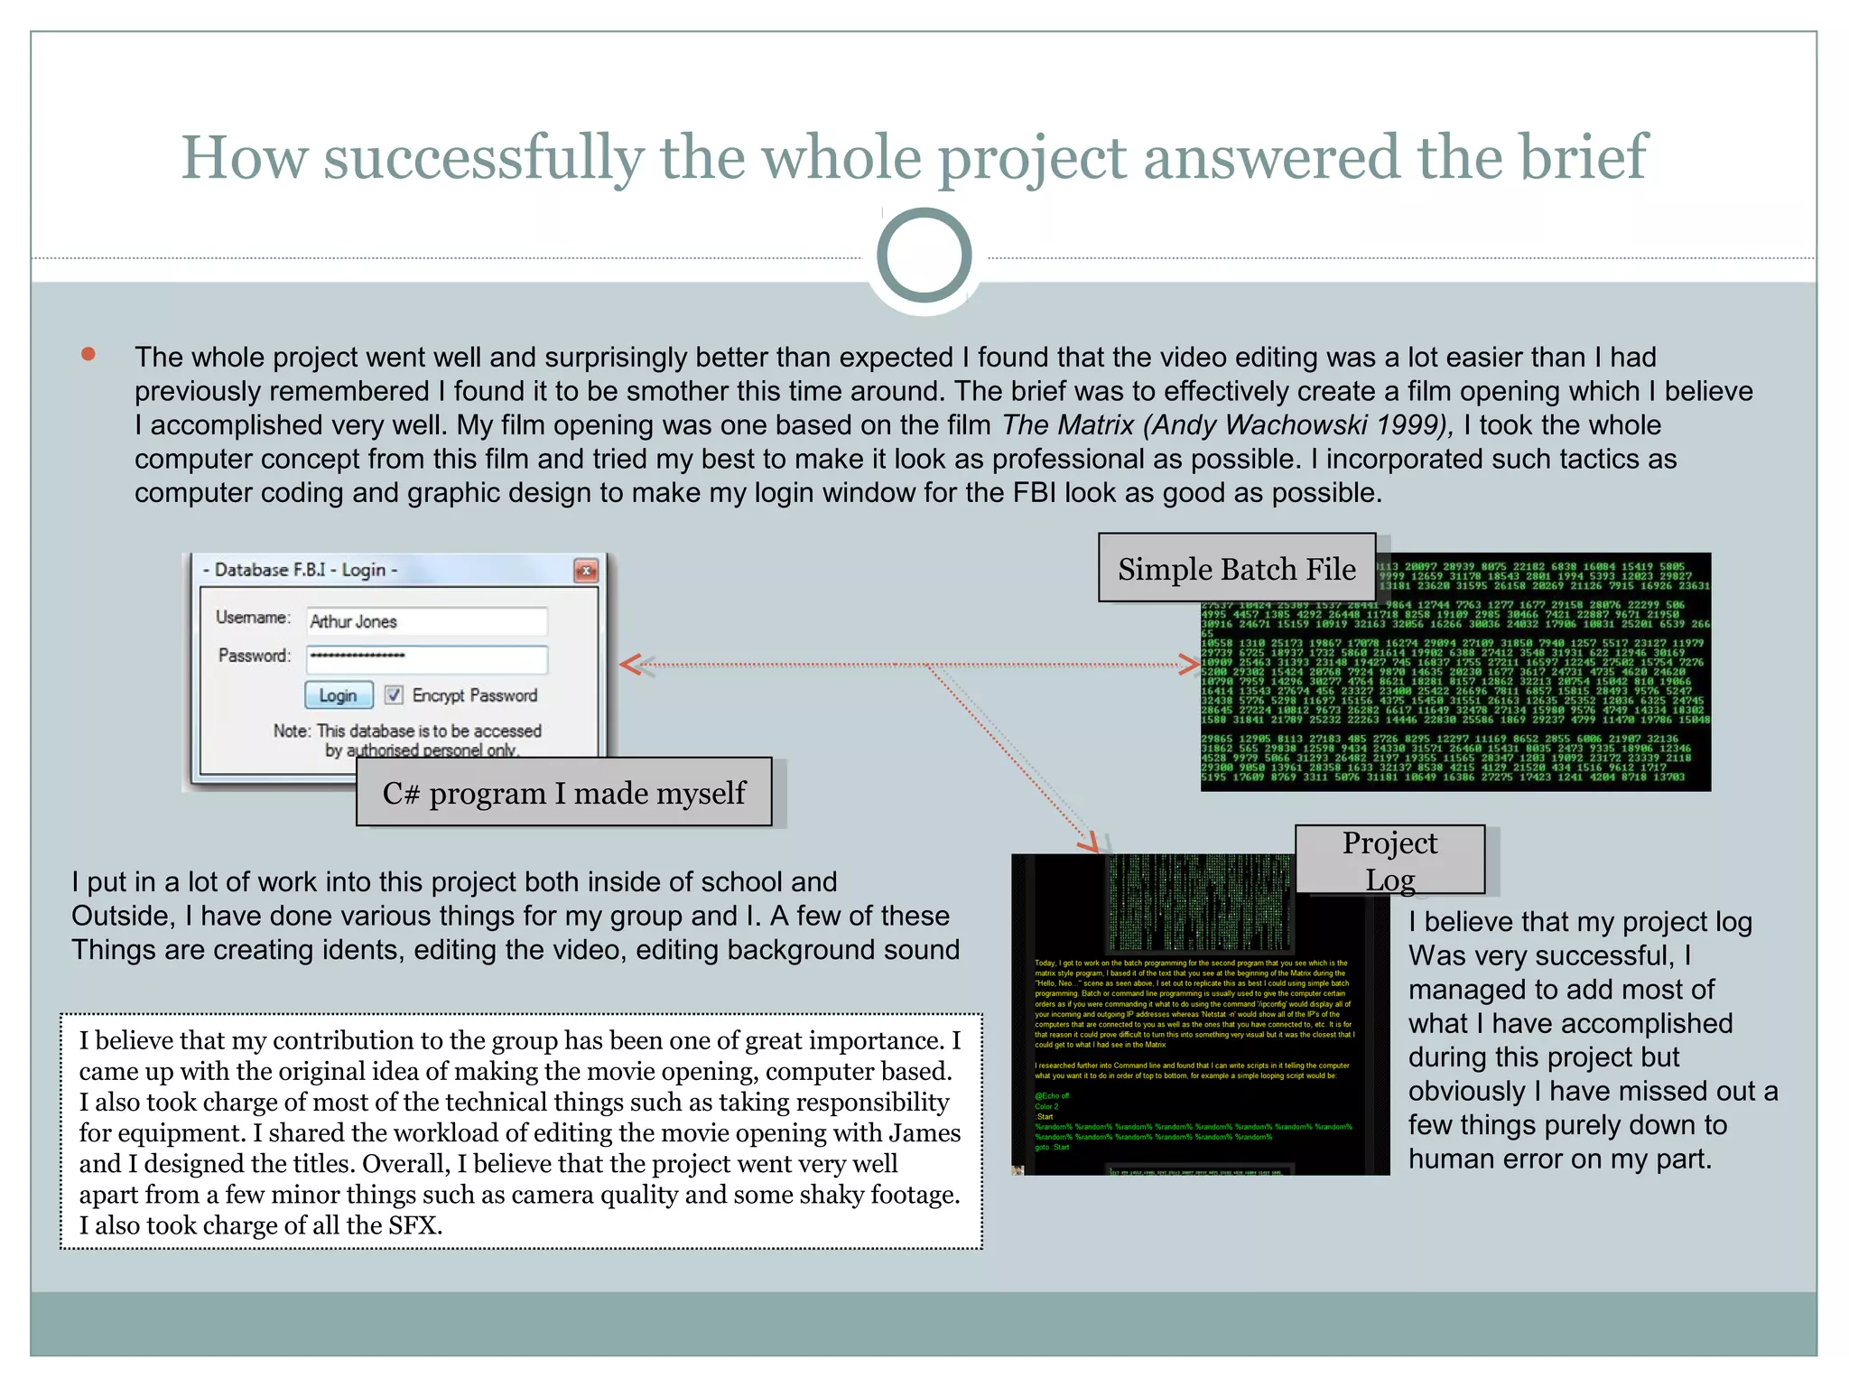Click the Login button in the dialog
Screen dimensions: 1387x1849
click(339, 694)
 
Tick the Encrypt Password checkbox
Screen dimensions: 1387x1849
click(394, 694)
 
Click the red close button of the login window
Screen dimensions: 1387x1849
click(586, 571)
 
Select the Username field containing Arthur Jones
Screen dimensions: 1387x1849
click(426, 621)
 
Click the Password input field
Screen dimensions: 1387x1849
click(426, 657)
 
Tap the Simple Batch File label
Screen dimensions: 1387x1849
click(1236, 569)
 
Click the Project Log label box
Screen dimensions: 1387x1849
click(1389, 860)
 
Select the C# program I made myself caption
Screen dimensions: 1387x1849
click(563, 793)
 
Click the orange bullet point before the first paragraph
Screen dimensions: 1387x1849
click(88, 355)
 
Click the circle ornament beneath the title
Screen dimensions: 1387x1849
click(924, 256)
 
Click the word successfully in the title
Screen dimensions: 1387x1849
click(483, 158)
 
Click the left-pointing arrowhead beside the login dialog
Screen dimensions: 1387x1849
click(631, 666)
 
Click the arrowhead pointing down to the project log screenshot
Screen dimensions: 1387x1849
click(1091, 843)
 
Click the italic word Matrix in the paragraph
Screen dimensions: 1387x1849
click(1097, 425)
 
